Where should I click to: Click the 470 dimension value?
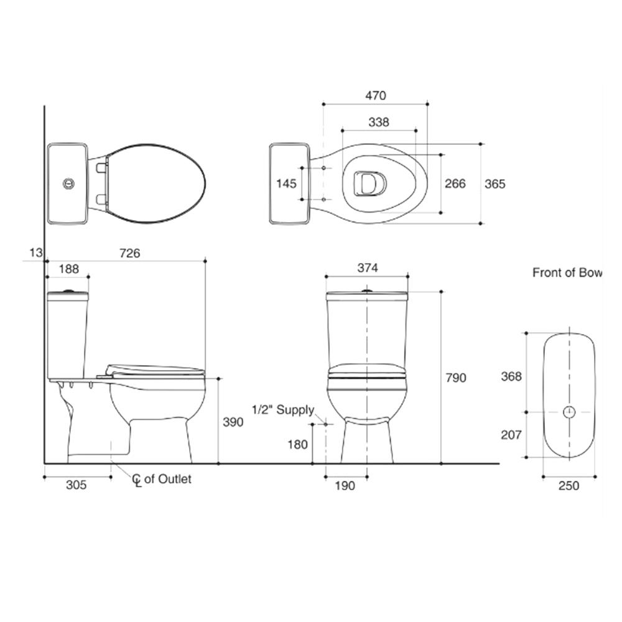[375, 96]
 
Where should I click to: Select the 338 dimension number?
[378, 122]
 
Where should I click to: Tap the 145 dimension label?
[286, 183]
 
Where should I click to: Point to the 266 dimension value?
[455, 183]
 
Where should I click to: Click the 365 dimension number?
[494, 184]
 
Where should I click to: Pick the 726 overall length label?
[130, 253]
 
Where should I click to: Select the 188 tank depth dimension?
[68, 269]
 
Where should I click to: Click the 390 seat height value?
[233, 422]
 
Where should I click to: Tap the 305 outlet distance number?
[76, 485]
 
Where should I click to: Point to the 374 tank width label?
[368, 268]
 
